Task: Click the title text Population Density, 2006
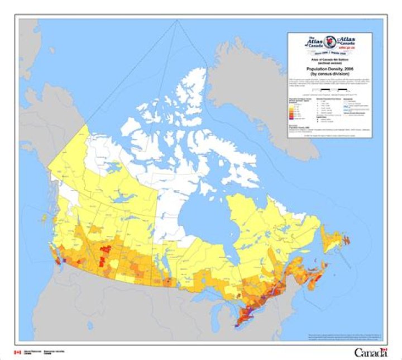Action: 329,68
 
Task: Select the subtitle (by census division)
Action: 329,73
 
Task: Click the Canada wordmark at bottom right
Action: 370,352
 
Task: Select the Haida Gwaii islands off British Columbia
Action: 44,219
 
